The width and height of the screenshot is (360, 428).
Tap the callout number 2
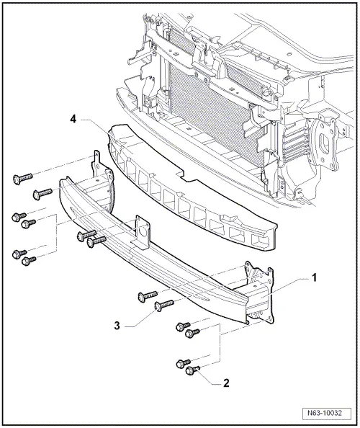tap(227, 383)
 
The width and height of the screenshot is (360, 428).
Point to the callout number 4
tap(75, 117)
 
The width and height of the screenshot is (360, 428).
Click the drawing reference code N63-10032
tap(328, 414)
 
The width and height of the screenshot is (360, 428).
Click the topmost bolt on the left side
tap(21, 178)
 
